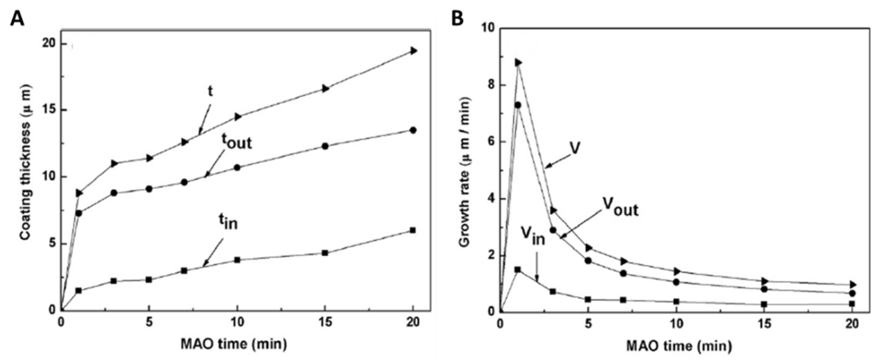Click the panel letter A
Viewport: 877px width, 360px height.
[17, 19]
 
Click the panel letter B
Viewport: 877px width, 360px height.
[457, 19]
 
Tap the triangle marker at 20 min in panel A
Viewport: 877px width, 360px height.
[413, 51]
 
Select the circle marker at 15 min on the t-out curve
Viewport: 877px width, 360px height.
[325, 146]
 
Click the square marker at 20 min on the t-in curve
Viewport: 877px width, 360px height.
[413, 230]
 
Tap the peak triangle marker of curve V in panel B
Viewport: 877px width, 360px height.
[518, 63]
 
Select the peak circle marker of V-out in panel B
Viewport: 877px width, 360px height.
[518, 105]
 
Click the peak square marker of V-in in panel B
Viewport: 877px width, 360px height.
[518, 270]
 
